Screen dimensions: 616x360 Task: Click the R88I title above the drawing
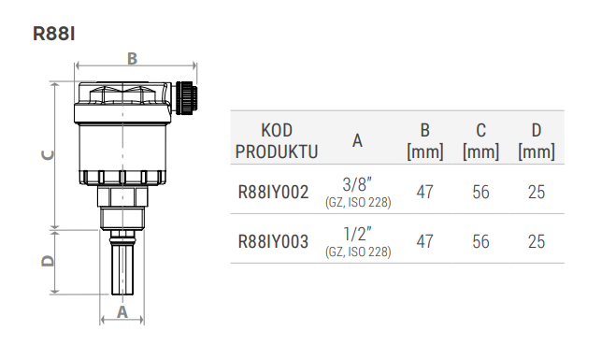[54, 34]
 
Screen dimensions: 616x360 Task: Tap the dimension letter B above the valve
[133, 59]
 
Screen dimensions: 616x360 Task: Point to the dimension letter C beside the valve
[48, 155]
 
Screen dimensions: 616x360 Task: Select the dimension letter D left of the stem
[48, 261]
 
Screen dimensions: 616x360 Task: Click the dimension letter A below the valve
[122, 312]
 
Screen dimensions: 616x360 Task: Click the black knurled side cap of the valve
[186, 98]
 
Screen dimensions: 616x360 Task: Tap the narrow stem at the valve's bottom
[122, 263]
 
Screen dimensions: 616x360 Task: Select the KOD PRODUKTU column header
[277, 141]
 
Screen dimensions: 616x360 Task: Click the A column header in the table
[357, 140]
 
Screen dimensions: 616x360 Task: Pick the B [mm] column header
[425, 141]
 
